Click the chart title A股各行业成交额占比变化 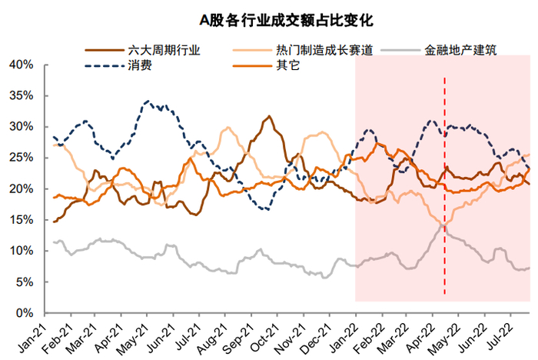269,17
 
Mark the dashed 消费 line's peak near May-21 148,102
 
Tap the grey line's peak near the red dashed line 442,223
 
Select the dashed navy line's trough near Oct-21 265,209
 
